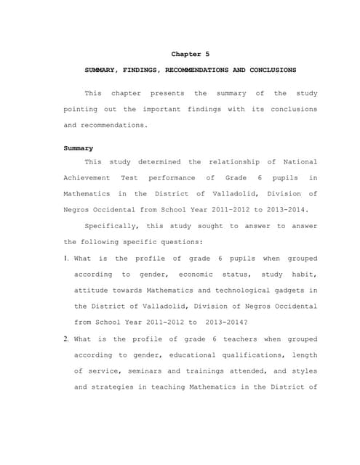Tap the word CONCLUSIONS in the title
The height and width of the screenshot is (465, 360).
[x=272, y=70]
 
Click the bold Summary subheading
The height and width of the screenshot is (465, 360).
[x=79, y=148]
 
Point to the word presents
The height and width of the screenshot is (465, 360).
[x=167, y=94]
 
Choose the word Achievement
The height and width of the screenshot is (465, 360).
[x=87, y=178]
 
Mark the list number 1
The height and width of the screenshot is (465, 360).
[x=65, y=259]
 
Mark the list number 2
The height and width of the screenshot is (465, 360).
[x=65, y=339]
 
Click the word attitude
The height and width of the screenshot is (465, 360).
[x=95, y=290]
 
